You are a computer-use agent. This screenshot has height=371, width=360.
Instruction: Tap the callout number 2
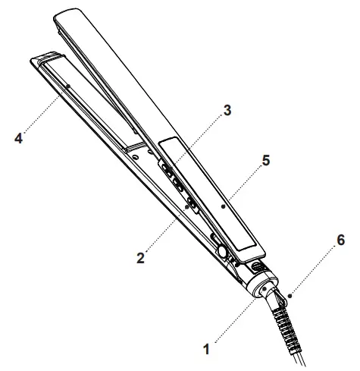coord(141,257)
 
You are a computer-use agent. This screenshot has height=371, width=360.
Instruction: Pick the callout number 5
coord(265,162)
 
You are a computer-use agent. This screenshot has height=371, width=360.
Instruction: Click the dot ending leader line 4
coord(67,88)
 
